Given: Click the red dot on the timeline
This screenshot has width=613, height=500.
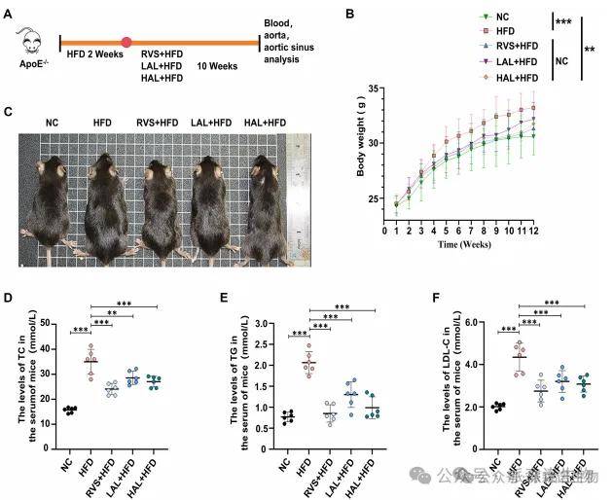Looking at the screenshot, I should click(x=127, y=43).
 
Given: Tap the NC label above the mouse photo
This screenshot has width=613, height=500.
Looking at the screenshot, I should click(x=54, y=123).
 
